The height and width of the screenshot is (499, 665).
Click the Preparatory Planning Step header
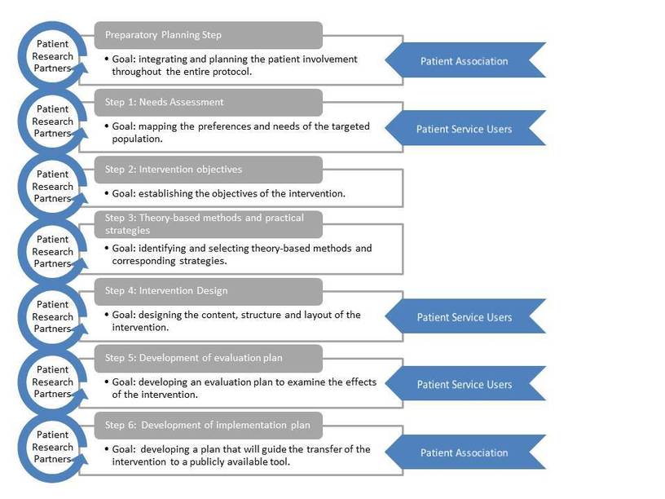[x=209, y=35]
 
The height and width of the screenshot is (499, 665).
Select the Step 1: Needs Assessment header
[x=209, y=102]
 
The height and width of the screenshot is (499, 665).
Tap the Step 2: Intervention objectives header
[x=209, y=170]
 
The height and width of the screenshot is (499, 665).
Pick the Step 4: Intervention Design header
[x=209, y=291]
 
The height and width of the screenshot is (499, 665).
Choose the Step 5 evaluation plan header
[x=209, y=358]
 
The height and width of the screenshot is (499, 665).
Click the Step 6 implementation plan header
[x=209, y=425]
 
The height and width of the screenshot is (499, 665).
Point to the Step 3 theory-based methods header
[x=209, y=224]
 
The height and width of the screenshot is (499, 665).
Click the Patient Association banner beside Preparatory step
[x=465, y=60]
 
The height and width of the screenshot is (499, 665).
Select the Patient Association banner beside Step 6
[x=465, y=452]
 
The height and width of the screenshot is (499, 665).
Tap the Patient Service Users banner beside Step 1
[x=465, y=128]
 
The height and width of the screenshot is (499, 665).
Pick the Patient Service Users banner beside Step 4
[x=465, y=316]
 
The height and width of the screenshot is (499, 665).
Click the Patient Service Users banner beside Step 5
[x=465, y=383]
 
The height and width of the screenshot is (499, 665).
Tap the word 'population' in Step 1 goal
[x=137, y=139]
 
